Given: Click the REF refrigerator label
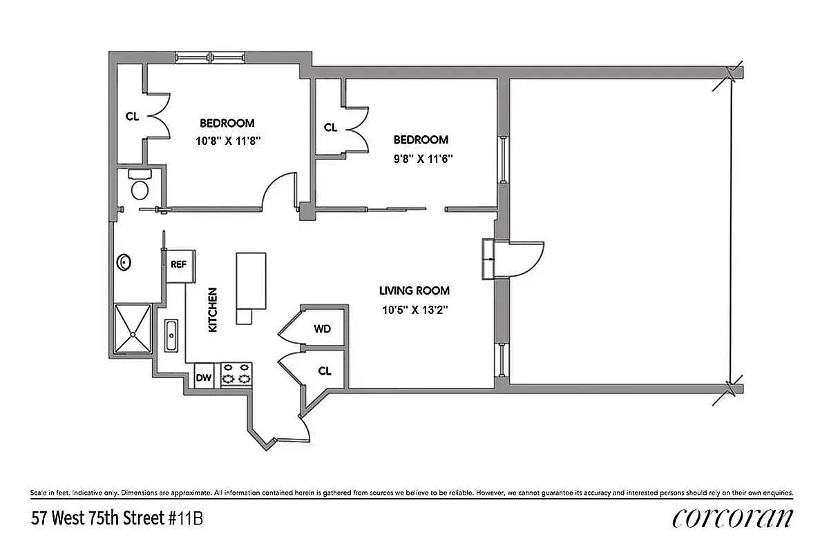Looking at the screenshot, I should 178,264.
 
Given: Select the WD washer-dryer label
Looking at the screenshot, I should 322,329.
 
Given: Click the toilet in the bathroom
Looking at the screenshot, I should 140,188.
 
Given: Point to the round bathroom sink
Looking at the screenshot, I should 124,262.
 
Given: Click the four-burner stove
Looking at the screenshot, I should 236,375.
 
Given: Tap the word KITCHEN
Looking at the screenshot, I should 213,310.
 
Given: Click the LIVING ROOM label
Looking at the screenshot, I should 414,291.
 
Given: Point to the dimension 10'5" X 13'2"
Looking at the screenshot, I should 414,310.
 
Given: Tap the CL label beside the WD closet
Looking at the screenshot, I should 325,371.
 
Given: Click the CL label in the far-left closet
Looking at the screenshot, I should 132,117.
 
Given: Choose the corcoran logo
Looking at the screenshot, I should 732,517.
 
